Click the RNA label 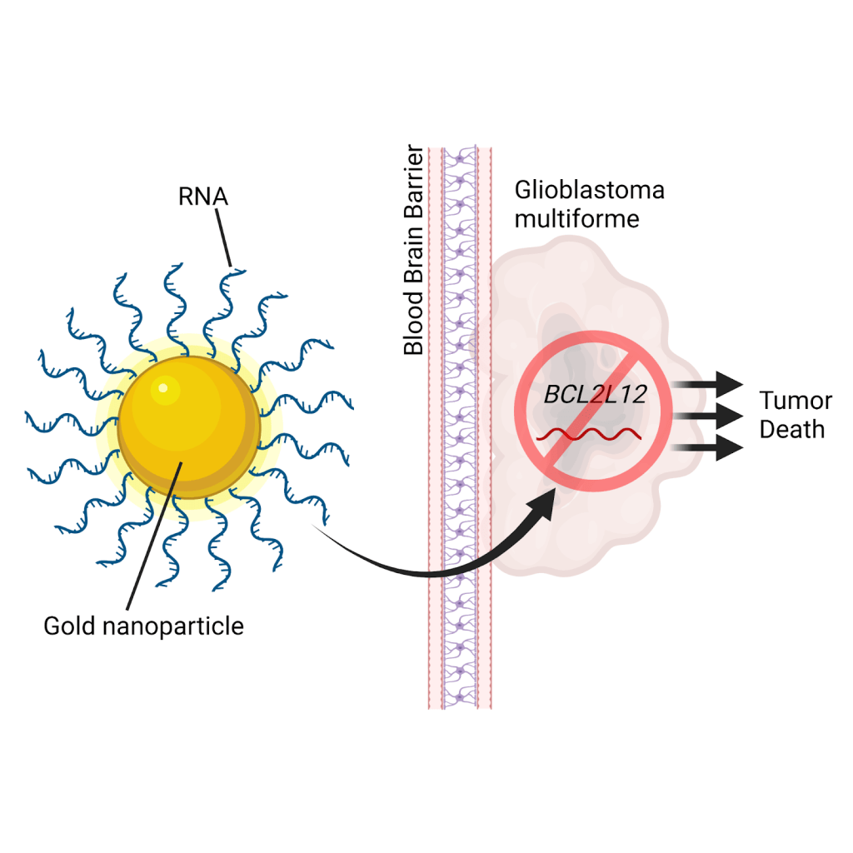coord(202,197)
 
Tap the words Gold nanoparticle coord(143,626)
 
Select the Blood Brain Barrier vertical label coord(414,252)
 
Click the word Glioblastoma coord(589,190)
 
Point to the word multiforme coord(576,219)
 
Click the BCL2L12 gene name coord(595,394)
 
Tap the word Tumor coord(795,402)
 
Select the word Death coord(791,430)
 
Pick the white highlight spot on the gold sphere coord(164,387)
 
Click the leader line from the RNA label coord(225,238)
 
